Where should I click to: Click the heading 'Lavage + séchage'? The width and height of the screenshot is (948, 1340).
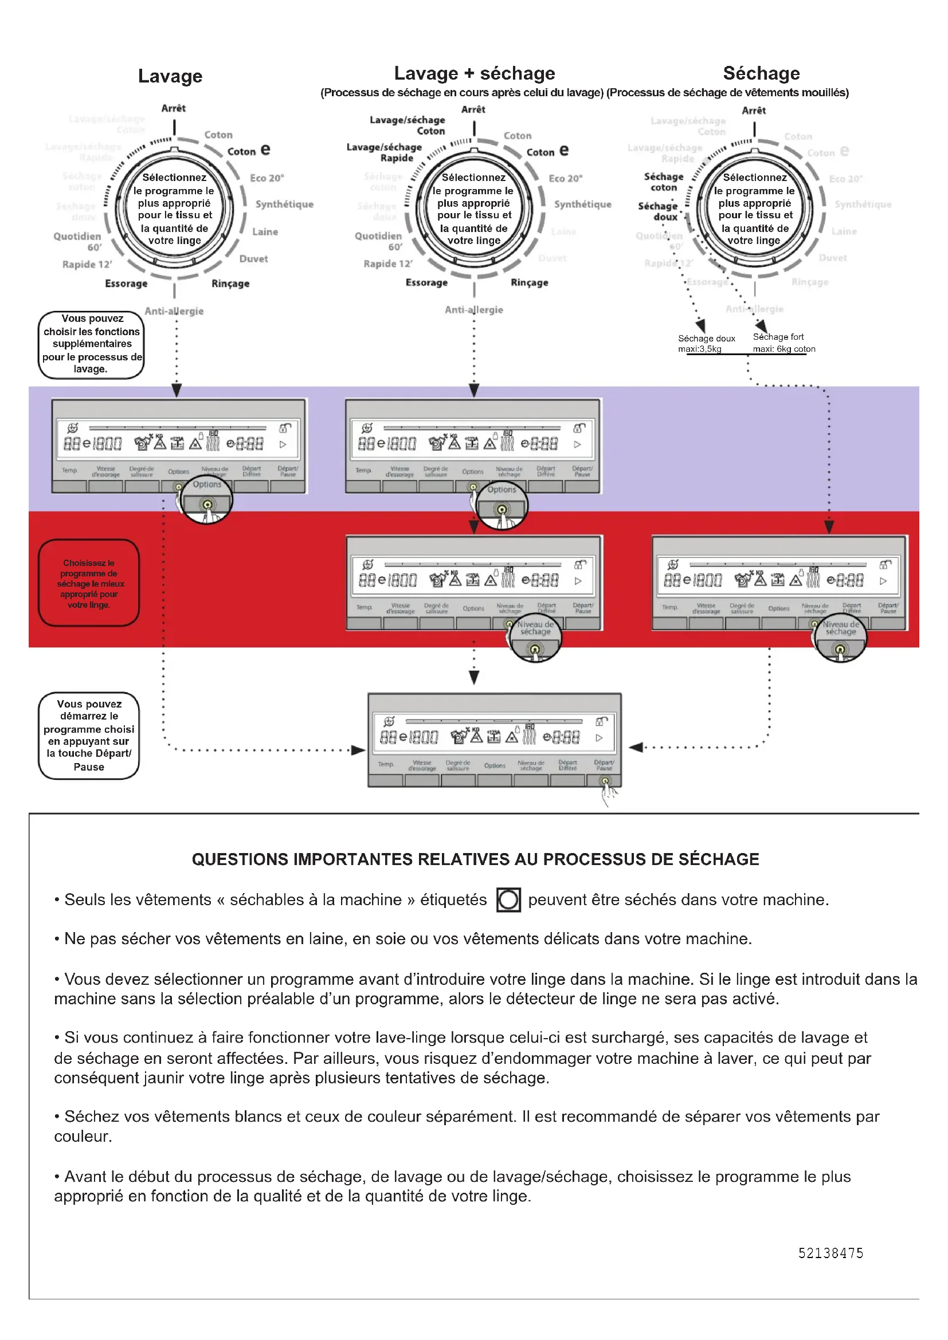(x=474, y=73)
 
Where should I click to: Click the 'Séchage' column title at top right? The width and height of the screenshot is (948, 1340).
(x=761, y=73)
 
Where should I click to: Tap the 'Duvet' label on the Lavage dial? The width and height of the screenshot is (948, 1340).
(x=253, y=258)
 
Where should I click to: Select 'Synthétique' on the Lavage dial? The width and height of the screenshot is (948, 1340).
(x=284, y=205)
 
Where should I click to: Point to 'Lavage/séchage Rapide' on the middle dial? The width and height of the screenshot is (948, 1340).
(x=385, y=153)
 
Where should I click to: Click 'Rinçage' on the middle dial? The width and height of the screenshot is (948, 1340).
(x=529, y=282)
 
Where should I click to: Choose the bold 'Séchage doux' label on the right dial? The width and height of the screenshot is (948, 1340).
(x=658, y=211)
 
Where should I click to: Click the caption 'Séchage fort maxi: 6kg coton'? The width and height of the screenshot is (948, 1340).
(x=784, y=343)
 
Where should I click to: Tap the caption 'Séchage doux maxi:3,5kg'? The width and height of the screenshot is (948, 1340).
(x=706, y=344)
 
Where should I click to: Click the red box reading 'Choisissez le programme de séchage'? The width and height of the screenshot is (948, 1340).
(x=89, y=583)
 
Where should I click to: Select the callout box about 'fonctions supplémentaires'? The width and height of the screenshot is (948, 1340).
(x=91, y=344)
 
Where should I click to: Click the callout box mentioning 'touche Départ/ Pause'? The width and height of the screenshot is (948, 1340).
(x=89, y=736)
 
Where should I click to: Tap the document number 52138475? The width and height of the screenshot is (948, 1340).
(x=830, y=1253)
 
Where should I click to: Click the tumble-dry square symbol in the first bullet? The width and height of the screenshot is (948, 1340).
(x=508, y=899)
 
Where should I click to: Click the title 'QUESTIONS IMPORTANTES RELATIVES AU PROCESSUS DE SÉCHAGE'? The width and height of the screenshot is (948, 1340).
(x=475, y=859)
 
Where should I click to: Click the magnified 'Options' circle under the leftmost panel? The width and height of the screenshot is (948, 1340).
(x=207, y=499)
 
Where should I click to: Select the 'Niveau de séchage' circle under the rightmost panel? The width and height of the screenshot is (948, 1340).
(x=840, y=639)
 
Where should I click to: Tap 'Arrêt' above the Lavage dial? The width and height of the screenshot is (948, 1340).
(x=173, y=108)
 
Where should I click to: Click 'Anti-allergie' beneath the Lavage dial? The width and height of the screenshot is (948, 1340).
(x=174, y=311)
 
